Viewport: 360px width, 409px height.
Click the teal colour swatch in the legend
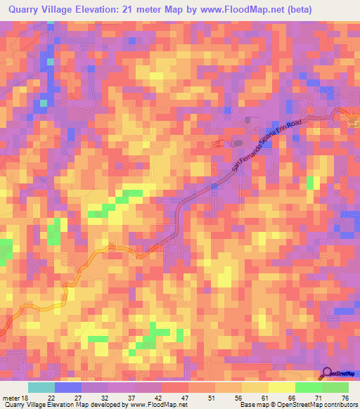pos(41,387)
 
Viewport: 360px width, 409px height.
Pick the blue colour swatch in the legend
pos(67,387)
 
